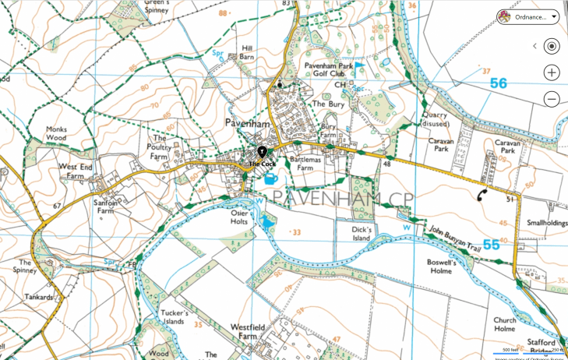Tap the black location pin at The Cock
(x=263, y=151)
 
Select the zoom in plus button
(x=552, y=72)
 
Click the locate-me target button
(x=552, y=46)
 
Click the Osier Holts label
(x=238, y=217)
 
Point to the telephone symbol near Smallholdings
(x=484, y=196)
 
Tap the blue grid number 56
(x=499, y=83)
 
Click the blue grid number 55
(x=491, y=245)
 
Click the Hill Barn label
(x=247, y=52)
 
